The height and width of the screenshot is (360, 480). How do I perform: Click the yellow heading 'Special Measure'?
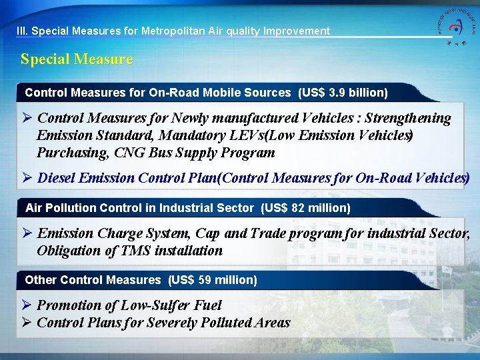77,59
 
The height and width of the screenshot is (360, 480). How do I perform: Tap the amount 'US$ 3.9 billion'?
343,93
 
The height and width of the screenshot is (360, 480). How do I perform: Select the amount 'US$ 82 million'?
306,208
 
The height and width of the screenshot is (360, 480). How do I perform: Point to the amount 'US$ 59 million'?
213,280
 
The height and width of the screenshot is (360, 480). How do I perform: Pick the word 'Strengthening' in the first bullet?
407,119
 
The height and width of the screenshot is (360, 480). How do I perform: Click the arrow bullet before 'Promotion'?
28,305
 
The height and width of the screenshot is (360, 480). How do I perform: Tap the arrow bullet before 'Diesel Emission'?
28,178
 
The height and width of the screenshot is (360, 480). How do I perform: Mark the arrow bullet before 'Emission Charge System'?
28,233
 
